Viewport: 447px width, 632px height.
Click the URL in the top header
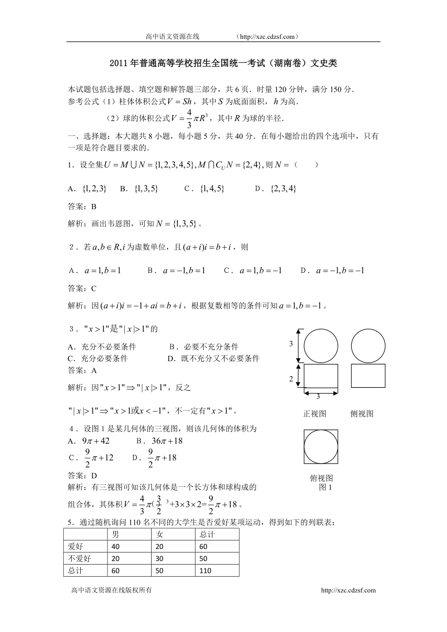click(x=266, y=36)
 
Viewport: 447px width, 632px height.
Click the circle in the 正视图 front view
click(x=321, y=346)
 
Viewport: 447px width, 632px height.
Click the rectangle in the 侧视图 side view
click(x=368, y=376)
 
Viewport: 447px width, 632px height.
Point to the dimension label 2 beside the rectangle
click(x=292, y=379)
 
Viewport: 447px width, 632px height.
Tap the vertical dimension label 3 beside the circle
click(x=291, y=344)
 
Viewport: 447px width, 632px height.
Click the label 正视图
click(x=314, y=414)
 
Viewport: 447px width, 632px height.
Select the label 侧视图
click(x=361, y=414)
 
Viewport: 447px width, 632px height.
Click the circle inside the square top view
click(x=321, y=447)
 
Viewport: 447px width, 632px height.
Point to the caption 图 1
click(x=325, y=487)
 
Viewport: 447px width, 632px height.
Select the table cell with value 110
click(x=206, y=570)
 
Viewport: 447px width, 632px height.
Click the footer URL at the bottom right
click(x=348, y=590)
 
